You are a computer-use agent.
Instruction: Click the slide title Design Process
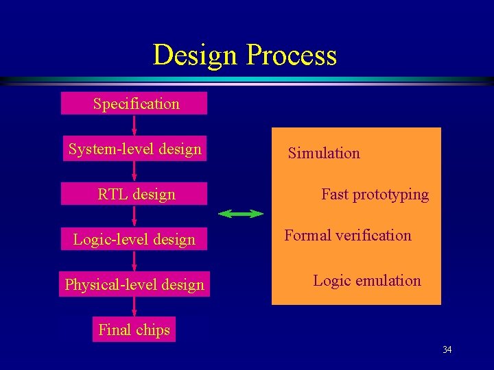pyautogui.click(x=244, y=55)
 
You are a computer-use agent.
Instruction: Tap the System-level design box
pyautogui.click(x=134, y=149)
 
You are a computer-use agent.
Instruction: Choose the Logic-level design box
pyautogui.click(x=134, y=239)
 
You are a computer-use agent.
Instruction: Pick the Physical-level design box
pyautogui.click(x=134, y=284)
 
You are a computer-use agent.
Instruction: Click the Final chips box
pyautogui.click(x=134, y=330)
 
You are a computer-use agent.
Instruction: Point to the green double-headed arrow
pyautogui.click(x=240, y=214)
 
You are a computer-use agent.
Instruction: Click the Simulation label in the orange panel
pyautogui.click(x=324, y=153)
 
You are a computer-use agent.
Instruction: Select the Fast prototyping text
pyautogui.click(x=375, y=194)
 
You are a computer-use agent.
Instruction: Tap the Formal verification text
pyautogui.click(x=348, y=235)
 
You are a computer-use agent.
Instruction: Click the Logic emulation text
pyautogui.click(x=367, y=280)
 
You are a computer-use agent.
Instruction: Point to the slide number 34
pyautogui.click(x=447, y=350)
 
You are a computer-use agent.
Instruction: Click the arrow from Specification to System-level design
pyautogui.click(x=134, y=126)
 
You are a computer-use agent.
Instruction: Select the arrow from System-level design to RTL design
pyautogui.click(x=134, y=171)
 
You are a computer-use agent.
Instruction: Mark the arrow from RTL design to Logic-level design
pyautogui.click(x=134, y=217)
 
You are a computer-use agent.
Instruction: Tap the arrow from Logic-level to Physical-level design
pyautogui.click(x=134, y=262)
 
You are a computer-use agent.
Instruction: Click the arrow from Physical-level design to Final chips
pyautogui.click(x=134, y=307)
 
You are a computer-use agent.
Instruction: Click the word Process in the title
pyautogui.click(x=292, y=55)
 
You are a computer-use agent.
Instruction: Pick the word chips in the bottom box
pyautogui.click(x=152, y=330)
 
